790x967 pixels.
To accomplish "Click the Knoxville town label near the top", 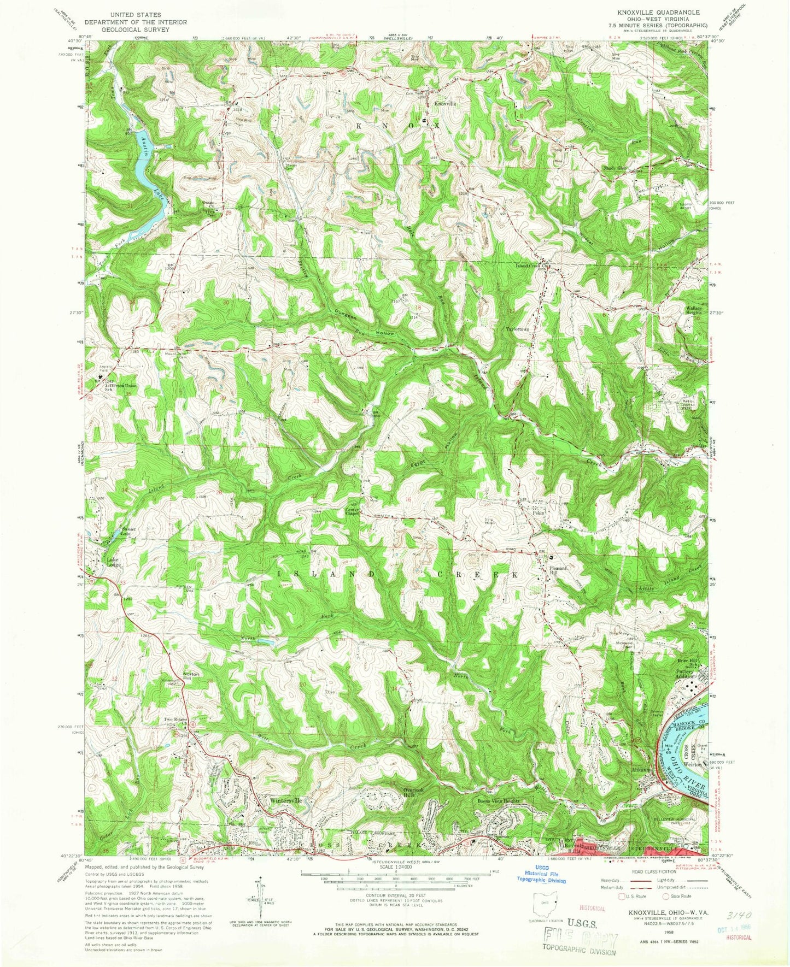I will [x=444, y=103].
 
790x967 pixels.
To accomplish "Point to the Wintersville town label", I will [x=285, y=800].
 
